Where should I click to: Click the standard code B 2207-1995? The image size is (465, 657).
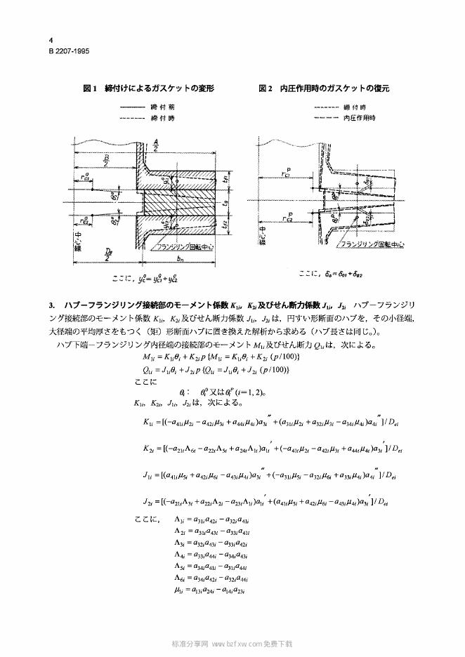click(69, 51)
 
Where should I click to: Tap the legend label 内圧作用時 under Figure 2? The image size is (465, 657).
click(360, 117)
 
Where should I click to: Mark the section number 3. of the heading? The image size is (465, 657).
click(52, 307)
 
